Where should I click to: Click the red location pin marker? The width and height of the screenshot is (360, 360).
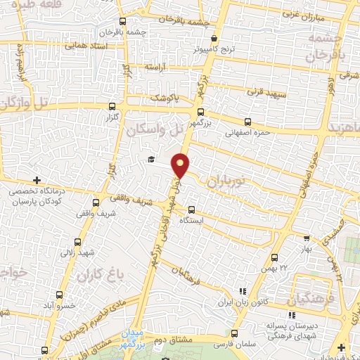(x=181, y=165)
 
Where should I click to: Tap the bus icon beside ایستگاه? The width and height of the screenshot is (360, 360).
(x=191, y=210)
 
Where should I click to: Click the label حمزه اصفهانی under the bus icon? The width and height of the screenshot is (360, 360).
(x=247, y=131)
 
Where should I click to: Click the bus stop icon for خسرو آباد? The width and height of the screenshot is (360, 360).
(x=60, y=295)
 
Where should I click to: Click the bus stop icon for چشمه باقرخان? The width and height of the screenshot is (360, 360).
(x=122, y=21)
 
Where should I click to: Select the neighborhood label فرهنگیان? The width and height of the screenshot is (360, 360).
(x=310, y=300)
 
